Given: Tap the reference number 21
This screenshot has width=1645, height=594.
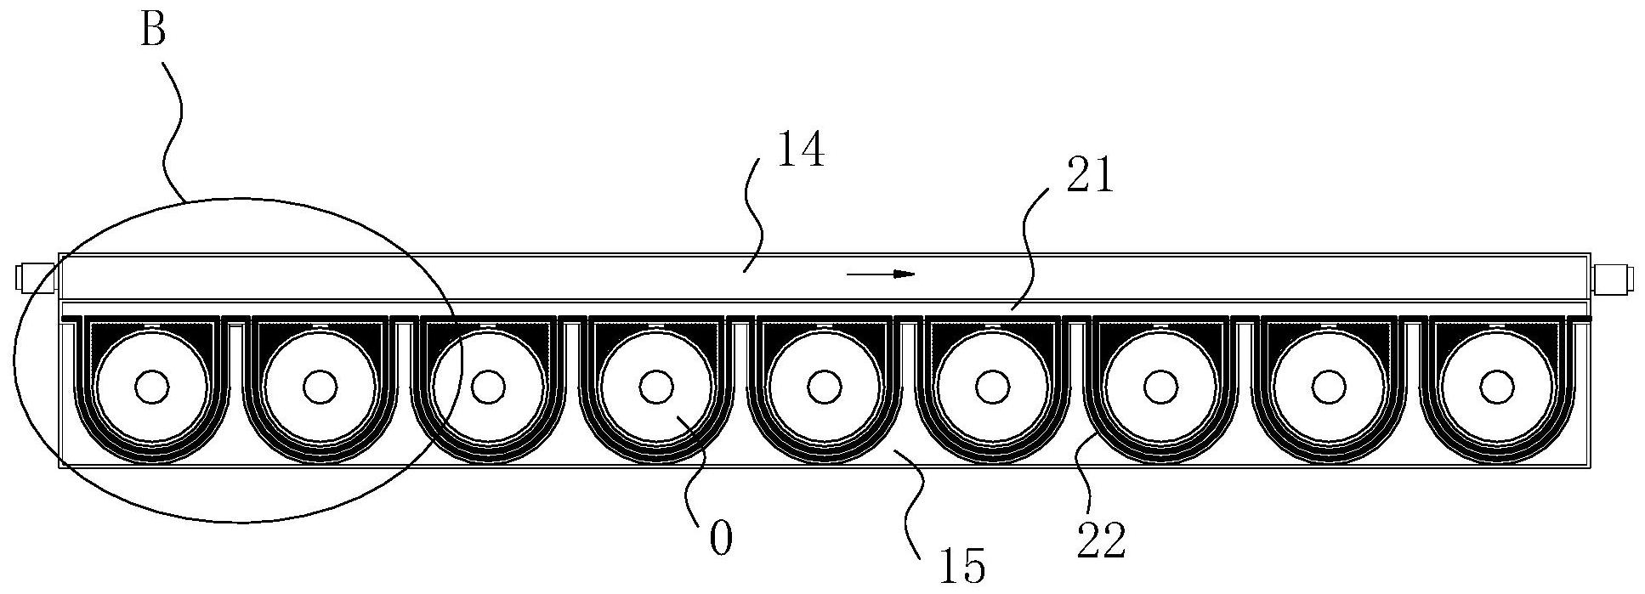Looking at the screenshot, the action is click(x=1087, y=178).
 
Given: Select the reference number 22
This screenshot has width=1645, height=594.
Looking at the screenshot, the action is click(x=1101, y=540).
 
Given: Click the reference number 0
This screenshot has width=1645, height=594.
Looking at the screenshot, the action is click(x=720, y=540).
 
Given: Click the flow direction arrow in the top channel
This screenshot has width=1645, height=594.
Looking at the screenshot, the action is click(x=881, y=274).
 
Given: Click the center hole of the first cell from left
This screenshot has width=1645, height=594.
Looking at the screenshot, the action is click(x=152, y=387).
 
